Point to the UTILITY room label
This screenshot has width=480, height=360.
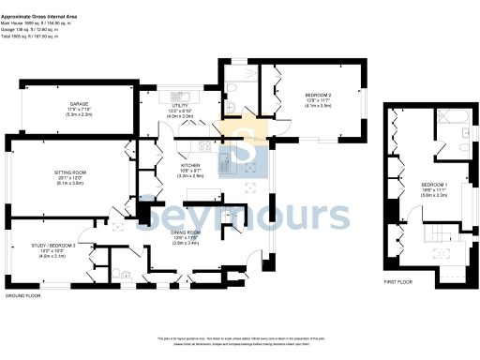(178, 104)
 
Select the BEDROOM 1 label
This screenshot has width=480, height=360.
(433, 183)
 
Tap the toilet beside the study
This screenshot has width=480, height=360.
(124, 275)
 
